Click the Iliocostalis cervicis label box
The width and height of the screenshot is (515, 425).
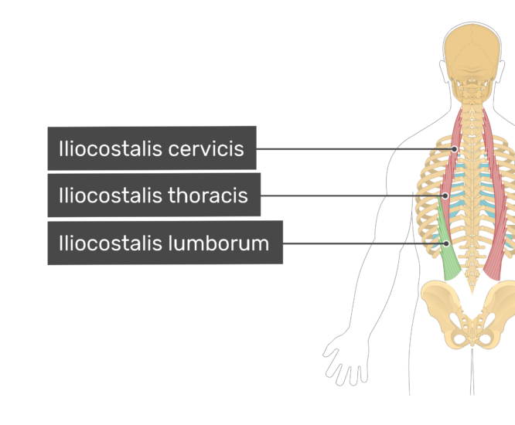(x=152, y=148)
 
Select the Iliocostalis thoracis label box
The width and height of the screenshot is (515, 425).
(x=154, y=195)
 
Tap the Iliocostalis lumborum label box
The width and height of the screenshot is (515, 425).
(x=165, y=243)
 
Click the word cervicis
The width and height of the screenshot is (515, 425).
(x=206, y=149)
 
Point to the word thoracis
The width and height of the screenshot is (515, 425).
(x=208, y=195)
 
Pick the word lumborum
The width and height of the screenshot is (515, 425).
(x=218, y=243)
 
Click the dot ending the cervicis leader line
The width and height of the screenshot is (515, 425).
(x=454, y=149)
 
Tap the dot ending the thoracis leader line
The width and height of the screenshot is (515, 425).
(x=445, y=196)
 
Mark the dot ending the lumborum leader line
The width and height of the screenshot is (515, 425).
(x=446, y=243)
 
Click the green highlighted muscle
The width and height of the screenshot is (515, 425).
(x=448, y=250)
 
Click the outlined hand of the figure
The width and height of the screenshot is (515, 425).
(x=346, y=361)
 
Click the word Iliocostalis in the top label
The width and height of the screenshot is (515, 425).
(x=111, y=149)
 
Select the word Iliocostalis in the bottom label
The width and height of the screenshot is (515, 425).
(x=111, y=243)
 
